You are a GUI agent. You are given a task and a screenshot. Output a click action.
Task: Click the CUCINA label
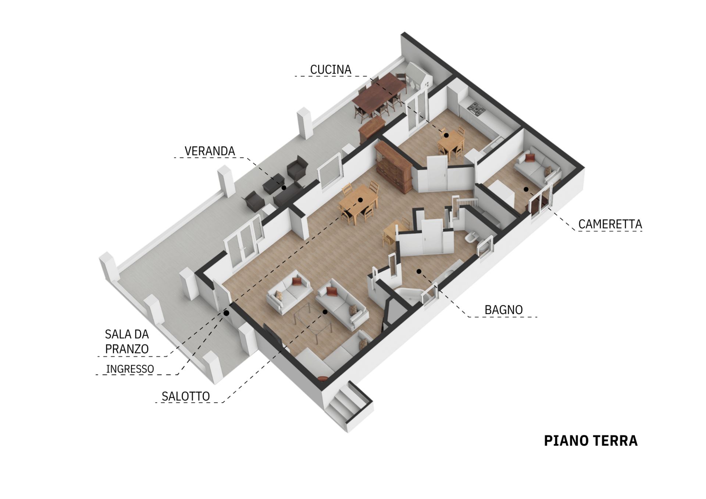pos(331,69)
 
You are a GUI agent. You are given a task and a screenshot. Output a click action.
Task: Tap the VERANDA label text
pos(210,151)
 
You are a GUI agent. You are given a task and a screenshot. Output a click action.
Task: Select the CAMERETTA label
pos(610,224)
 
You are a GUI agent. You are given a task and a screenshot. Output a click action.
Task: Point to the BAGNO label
pos(503,310)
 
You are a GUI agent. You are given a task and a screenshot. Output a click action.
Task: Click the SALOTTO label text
pos(186,396)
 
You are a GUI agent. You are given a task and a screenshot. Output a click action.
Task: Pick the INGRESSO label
pos(130,369)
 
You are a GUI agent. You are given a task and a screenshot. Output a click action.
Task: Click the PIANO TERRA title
pos(591,441)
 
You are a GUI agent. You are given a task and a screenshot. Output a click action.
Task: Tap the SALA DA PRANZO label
pos(127,341)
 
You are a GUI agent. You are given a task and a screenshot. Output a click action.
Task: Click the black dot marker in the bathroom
pos(418,271)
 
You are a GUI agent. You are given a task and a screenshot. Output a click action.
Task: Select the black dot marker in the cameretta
pos(526,189)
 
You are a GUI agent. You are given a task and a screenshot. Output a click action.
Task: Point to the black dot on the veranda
pos(284,188)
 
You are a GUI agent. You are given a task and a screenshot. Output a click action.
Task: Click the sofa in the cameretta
pos(536,168)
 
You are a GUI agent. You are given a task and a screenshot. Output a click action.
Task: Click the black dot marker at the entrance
pos(227,313)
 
